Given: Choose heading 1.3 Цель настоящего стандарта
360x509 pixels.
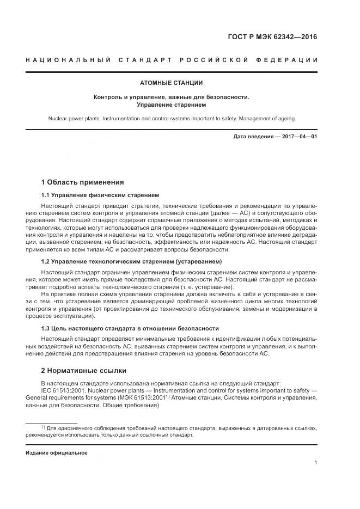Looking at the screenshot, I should (x=130, y=328).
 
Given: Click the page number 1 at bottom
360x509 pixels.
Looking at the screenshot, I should (x=315, y=463).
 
